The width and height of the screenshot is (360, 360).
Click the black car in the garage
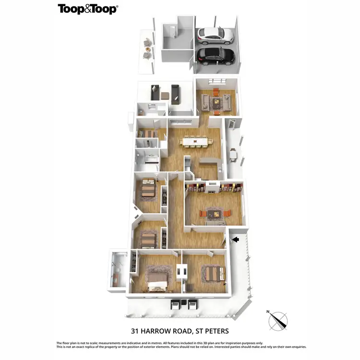[x=216, y=56]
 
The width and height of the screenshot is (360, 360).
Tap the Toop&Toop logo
[x=88, y=9]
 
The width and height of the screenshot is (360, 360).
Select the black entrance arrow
[x=235, y=239]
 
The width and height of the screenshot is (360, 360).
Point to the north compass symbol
[x=277, y=320]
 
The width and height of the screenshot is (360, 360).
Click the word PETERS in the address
[x=216, y=331]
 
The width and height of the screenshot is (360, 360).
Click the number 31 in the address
[x=136, y=331]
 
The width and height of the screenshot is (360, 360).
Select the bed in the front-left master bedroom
[x=156, y=280]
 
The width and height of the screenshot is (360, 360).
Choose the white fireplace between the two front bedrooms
[x=182, y=271]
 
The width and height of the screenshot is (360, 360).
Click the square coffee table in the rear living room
[x=217, y=101]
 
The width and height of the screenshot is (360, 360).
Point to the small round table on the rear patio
[x=148, y=49]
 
